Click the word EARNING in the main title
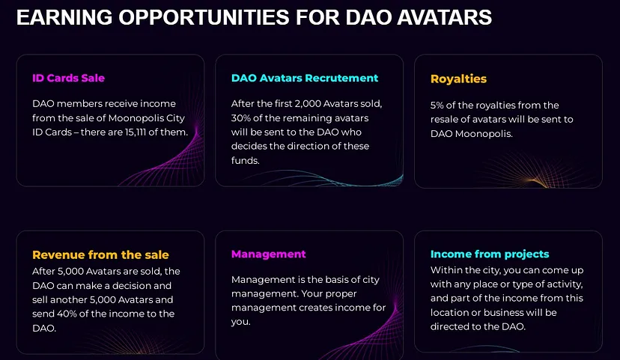64,17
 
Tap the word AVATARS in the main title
445,17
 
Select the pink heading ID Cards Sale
68,78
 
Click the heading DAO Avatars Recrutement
305,78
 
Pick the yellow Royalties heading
458,79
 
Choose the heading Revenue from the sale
100,255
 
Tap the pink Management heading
269,254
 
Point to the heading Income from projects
490,254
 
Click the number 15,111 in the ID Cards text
135,132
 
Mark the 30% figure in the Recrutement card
240,118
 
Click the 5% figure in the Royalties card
437,105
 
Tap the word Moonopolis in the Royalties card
483,133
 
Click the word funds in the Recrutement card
245,160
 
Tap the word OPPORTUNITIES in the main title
204,17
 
